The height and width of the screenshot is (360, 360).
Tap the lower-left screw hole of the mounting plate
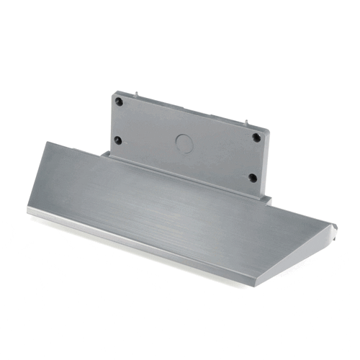118,140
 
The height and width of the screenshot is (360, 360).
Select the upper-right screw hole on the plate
256,137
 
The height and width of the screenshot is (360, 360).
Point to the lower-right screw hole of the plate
252,177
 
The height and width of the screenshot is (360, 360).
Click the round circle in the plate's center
184,143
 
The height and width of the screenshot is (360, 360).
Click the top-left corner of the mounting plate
112,92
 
